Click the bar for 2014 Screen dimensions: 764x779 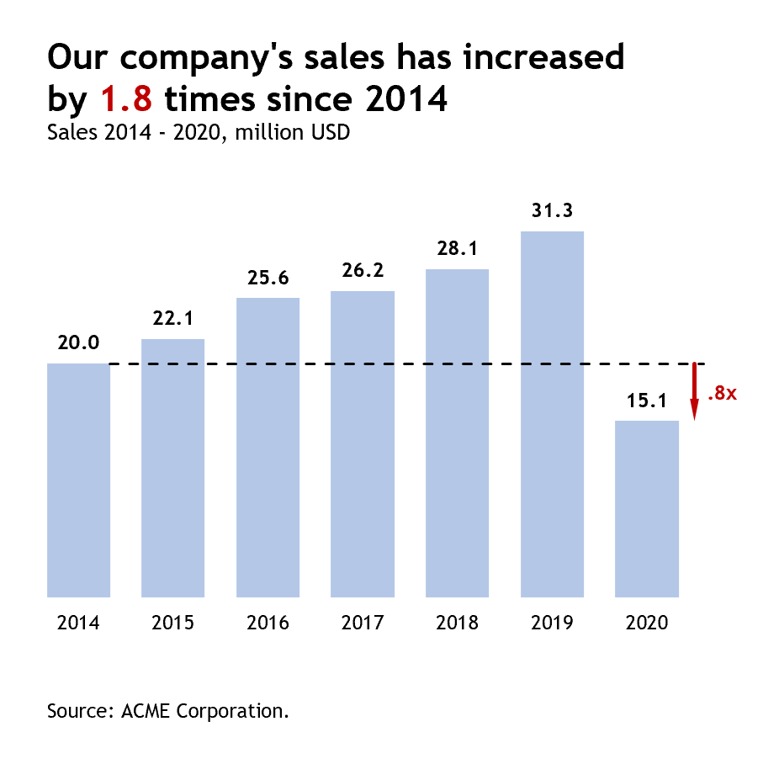78,480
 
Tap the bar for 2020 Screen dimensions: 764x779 647,508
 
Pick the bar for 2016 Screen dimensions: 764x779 268,447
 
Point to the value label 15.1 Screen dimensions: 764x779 647,401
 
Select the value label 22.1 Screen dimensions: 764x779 173,319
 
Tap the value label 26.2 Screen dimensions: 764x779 363,271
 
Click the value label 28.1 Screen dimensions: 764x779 458,249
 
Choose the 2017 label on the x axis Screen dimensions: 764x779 363,623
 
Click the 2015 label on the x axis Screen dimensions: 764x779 173,623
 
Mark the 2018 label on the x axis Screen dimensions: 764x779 458,623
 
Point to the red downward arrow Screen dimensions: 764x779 695,391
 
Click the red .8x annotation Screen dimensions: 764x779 722,393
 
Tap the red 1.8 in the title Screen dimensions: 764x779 126,99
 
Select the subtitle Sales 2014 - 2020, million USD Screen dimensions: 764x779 199,132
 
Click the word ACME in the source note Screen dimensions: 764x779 145,710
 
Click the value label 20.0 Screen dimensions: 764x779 78,342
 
